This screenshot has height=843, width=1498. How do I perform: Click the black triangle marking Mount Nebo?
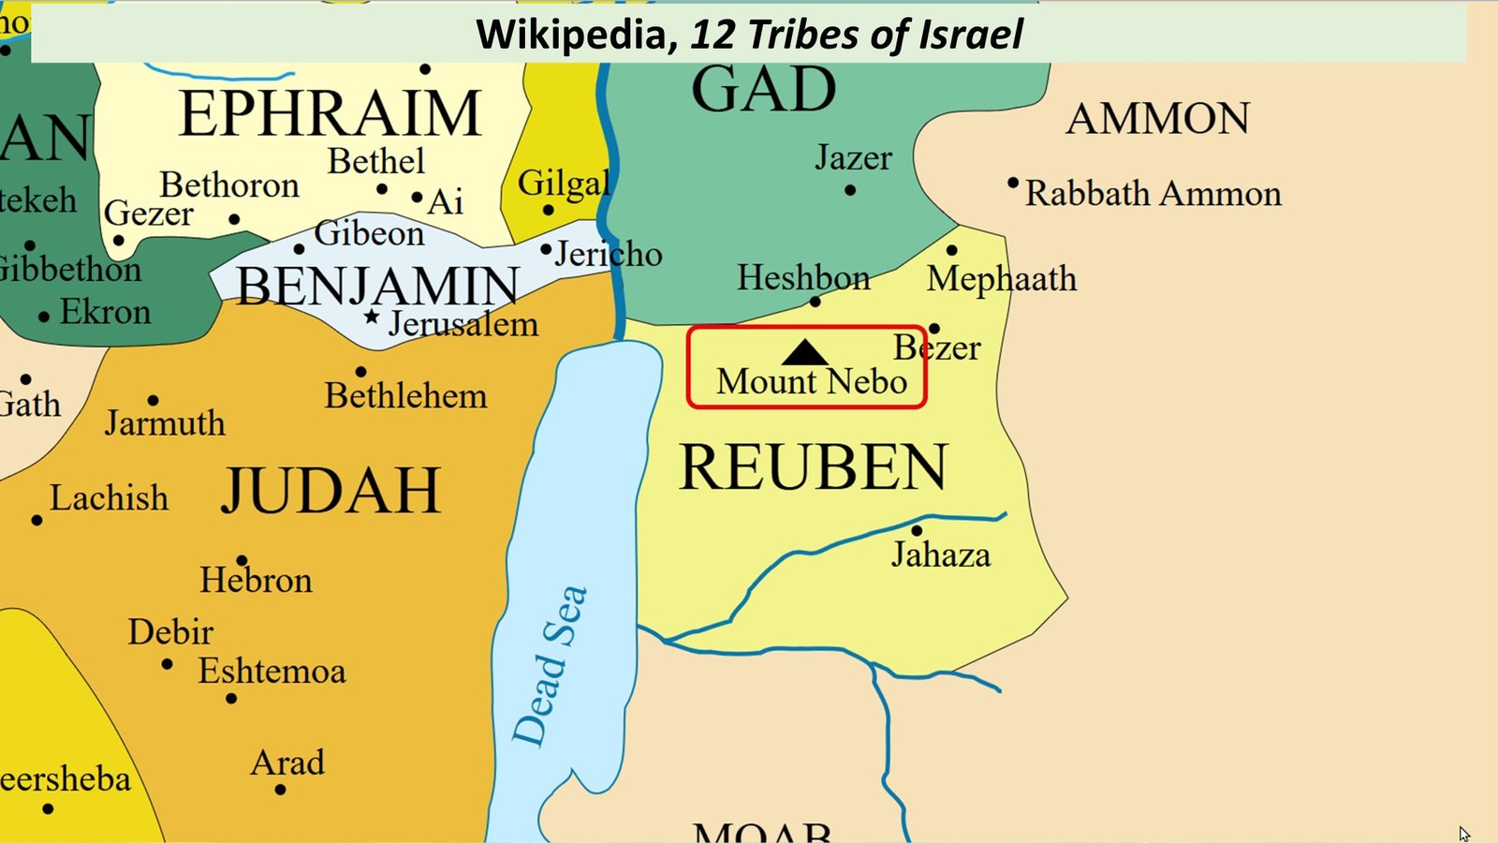point(804,354)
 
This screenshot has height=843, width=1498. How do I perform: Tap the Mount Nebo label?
point(812,382)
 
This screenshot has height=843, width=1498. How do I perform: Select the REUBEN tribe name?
point(813,467)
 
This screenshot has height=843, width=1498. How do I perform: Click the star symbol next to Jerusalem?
point(372,318)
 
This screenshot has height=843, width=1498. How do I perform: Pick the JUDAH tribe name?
point(330,491)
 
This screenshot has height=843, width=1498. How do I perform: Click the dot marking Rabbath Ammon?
point(1013,183)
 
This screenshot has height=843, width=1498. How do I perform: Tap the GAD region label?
point(763,91)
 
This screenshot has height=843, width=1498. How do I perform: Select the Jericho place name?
point(609,254)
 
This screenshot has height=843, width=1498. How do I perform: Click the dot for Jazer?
point(850,190)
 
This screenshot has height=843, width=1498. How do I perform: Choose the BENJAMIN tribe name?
point(377,287)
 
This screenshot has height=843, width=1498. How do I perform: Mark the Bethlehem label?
point(405,396)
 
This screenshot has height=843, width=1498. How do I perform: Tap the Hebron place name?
point(256,581)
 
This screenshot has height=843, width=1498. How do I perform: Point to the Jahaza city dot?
point(917,531)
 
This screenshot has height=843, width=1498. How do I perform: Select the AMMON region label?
point(1157,119)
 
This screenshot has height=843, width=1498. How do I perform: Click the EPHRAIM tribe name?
point(330,114)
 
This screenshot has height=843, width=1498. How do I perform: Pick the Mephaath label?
point(1002,279)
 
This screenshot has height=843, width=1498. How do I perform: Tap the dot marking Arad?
point(280,790)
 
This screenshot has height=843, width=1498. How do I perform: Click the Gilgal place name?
point(564,183)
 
